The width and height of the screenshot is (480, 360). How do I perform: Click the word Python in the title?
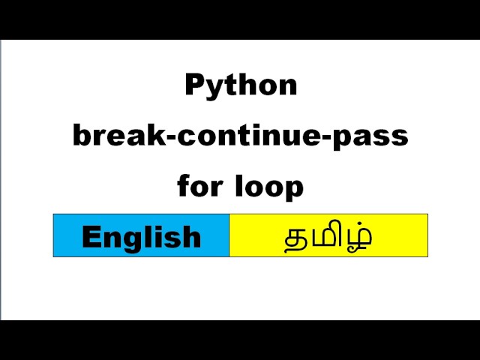[241, 86]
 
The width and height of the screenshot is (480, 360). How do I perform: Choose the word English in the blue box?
[141, 237]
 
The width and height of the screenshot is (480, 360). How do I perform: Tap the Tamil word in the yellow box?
[328, 237]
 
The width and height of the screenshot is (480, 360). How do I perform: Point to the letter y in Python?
[212, 89]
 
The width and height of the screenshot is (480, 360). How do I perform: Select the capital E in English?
[90, 237]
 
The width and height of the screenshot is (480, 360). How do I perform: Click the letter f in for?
[184, 184]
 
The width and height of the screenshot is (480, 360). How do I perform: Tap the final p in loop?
[295, 188]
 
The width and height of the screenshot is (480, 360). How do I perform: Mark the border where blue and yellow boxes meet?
[229, 235]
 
